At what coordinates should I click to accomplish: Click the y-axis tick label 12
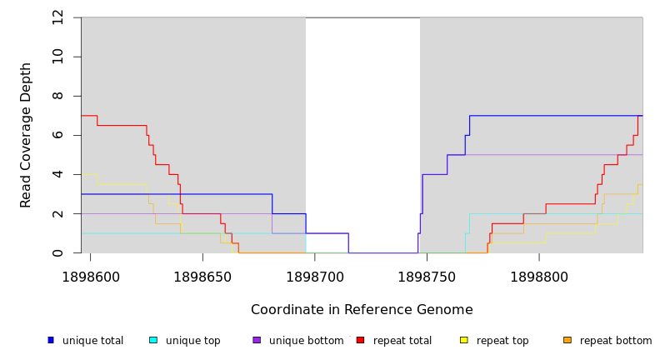(x=57, y=17)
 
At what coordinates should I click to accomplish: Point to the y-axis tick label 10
(x=57, y=57)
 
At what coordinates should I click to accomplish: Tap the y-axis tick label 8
(x=57, y=96)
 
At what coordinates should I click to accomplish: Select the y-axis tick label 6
(x=57, y=135)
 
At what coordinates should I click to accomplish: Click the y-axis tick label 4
(x=57, y=174)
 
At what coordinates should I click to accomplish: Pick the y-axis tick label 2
(x=57, y=213)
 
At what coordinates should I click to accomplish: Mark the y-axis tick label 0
(x=57, y=252)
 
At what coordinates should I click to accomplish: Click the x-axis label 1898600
(x=90, y=277)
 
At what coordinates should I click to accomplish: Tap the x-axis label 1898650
(x=202, y=277)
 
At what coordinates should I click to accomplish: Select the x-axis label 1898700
(x=315, y=277)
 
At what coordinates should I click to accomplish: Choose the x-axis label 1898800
(x=539, y=277)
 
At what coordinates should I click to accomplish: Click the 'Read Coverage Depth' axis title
(x=26, y=135)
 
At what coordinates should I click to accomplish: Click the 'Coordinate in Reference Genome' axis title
(x=362, y=310)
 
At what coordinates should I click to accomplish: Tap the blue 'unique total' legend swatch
(x=50, y=340)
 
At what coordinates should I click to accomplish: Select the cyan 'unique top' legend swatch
(x=153, y=340)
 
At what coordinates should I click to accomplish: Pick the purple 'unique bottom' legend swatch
(x=257, y=340)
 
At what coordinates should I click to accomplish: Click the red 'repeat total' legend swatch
(x=360, y=340)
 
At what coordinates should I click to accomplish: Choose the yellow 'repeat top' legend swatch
(x=464, y=340)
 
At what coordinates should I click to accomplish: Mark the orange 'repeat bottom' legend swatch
(x=567, y=340)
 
